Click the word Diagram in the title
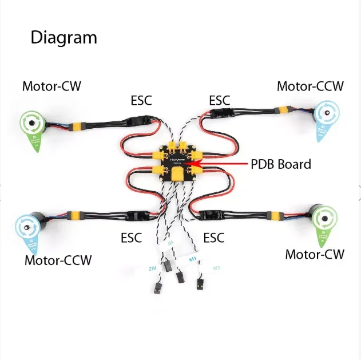click(64, 38)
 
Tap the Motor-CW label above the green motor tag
click(51, 86)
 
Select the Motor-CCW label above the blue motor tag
click(310, 86)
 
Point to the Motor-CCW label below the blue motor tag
click(58, 260)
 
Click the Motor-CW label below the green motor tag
click(315, 254)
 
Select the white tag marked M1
click(193, 259)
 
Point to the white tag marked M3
click(216, 268)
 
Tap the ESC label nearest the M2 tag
click(132, 237)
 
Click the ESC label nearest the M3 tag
click(214, 237)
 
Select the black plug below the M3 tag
click(200, 284)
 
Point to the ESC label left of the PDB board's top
click(141, 101)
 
